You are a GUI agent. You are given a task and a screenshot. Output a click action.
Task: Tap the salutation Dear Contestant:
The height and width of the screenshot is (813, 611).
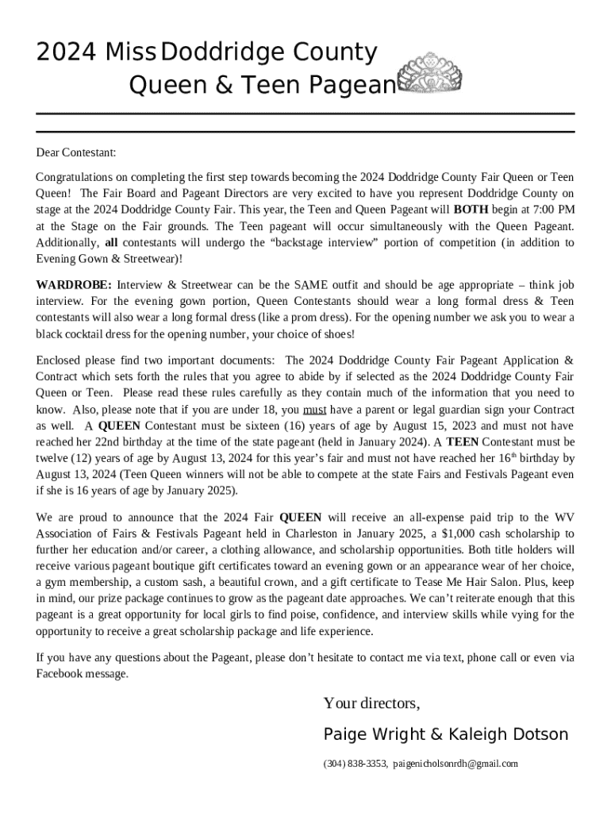76,152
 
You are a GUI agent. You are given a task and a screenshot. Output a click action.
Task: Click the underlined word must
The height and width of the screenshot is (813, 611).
315,410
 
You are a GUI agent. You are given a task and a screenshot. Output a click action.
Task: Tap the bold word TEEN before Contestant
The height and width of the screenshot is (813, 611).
463,442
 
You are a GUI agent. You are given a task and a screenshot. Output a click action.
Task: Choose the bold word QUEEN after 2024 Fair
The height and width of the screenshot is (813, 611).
301,517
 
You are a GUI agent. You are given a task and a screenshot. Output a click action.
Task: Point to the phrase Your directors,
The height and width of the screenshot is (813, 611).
371,703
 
